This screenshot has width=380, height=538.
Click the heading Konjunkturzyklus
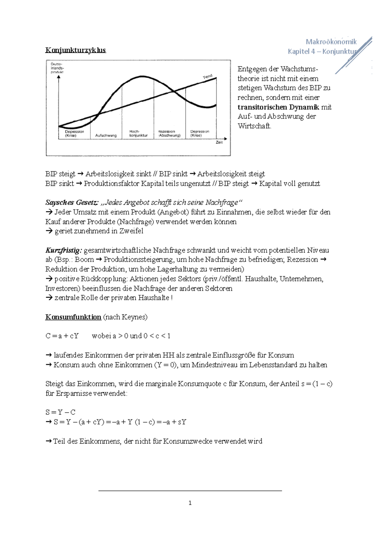pos(75,50)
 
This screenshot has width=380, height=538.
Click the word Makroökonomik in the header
pos(331,42)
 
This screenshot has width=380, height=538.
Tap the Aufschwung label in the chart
pos(106,136)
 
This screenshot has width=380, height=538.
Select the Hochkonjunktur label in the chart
pos(138,133)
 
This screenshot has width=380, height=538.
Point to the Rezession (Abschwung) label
pos(169,133)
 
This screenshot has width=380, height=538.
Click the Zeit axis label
pos(219,143)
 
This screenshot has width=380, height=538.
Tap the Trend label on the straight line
pos(207,77)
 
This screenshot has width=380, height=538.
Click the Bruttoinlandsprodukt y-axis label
pos(57,68)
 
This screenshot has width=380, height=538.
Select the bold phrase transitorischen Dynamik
pos(278,107)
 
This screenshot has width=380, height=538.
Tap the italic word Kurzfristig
pos(63,250)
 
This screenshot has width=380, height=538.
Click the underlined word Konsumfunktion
pos(73,317)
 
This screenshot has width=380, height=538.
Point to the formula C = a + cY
pos(62,336)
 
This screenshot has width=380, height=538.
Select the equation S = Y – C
pos(60,412)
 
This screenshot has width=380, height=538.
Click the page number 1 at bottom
pos(190,503)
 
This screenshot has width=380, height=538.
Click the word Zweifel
pos(131,231)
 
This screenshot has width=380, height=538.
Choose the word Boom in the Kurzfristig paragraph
pos(84,259)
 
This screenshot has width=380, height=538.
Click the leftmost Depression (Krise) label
pos(74,133)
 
